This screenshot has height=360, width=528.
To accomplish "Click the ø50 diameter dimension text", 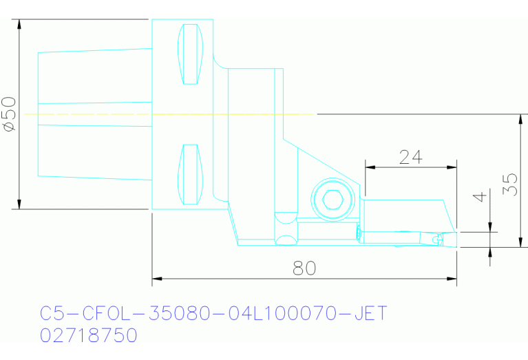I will [9, 114].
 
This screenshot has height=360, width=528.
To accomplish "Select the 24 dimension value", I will [410, 157].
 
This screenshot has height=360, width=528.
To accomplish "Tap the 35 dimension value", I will [510, 184].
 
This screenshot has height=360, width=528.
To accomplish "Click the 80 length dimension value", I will [304, 268].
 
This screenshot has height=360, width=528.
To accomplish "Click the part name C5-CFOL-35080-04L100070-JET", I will [213, 314].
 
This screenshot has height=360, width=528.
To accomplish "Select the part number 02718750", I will [89, 336].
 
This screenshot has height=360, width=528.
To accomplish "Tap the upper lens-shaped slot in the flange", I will [191, 54].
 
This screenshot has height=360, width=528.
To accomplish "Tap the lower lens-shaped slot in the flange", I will [191, 175].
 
